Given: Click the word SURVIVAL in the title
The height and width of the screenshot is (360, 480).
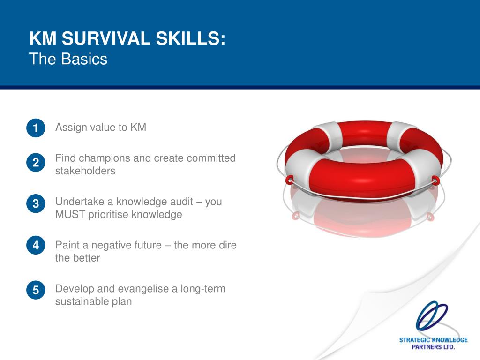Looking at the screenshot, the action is click(x=106, y=38).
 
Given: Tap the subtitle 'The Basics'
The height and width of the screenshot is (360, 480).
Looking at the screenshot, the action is click(x=68, y=59).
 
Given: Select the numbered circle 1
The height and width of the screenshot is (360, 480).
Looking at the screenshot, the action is click(x=36, y=127).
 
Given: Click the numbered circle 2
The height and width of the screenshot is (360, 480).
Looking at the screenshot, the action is click(x=36, y=162).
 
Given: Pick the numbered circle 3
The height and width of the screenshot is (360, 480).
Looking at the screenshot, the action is click(x=36, y=203).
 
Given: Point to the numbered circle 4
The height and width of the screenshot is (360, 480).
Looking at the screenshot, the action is click(x=36, y=245).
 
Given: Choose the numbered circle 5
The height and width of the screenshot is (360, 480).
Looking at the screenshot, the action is click(x=36, y=290).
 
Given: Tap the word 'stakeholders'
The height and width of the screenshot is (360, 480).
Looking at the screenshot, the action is click(x=85, y=171).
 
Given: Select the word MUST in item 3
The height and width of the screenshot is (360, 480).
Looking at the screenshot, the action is click(x=70, y=214).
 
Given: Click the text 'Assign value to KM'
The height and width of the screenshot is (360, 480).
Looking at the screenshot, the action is click(x=101, y=127).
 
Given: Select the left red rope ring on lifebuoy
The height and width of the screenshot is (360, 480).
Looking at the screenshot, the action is click(x=289, y=180).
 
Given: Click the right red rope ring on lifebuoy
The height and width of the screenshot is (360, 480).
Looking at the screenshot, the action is click(x=435, y=180).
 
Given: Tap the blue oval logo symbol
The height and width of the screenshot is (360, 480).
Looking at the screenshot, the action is click(x=432, y=316).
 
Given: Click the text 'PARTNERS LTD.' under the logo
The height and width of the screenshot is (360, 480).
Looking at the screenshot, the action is click(x=433, y=347).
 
